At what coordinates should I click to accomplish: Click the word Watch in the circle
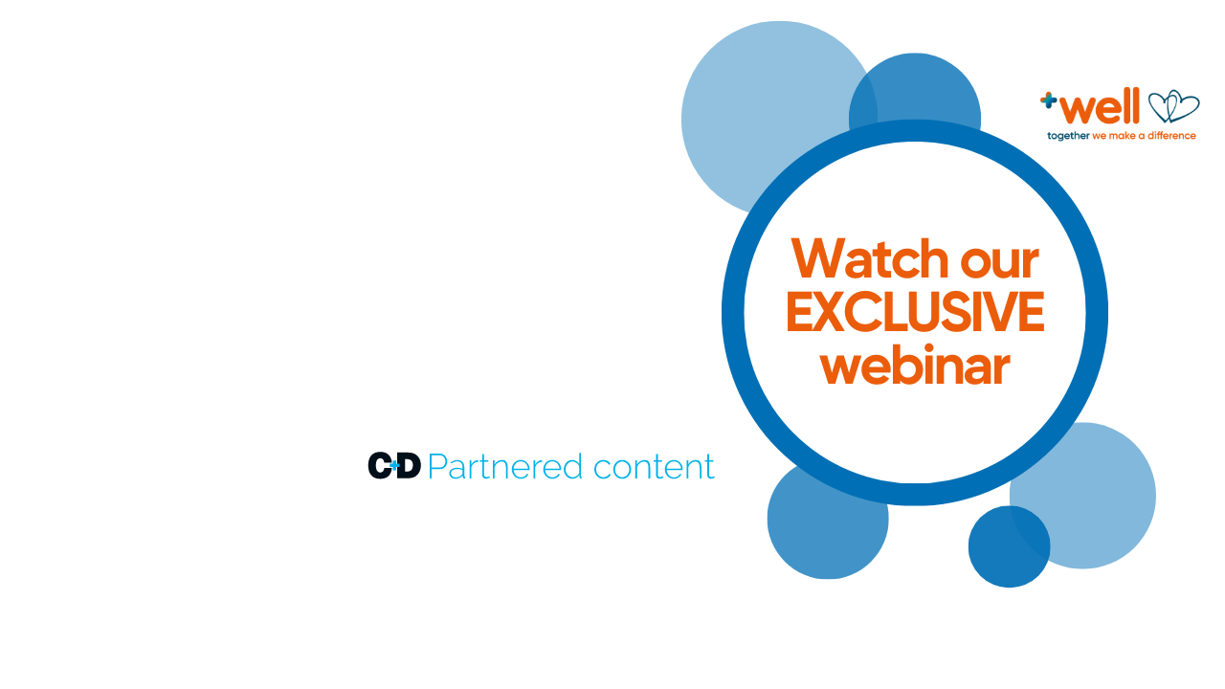[867, 258]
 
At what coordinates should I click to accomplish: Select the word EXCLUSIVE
[914, 313]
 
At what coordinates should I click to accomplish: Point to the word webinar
[915, 367]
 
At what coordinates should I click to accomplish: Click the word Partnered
[505, 467]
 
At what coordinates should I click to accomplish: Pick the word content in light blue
[654, 467]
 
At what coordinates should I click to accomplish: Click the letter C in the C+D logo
[380, 465]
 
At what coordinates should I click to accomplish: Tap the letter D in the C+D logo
[410, 465]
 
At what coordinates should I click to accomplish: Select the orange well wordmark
[1102, 106]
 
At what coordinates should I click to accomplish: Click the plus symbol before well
[1049, 99]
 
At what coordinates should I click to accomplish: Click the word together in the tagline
[1068, 136]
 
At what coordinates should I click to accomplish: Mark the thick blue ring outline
[733, 313]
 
